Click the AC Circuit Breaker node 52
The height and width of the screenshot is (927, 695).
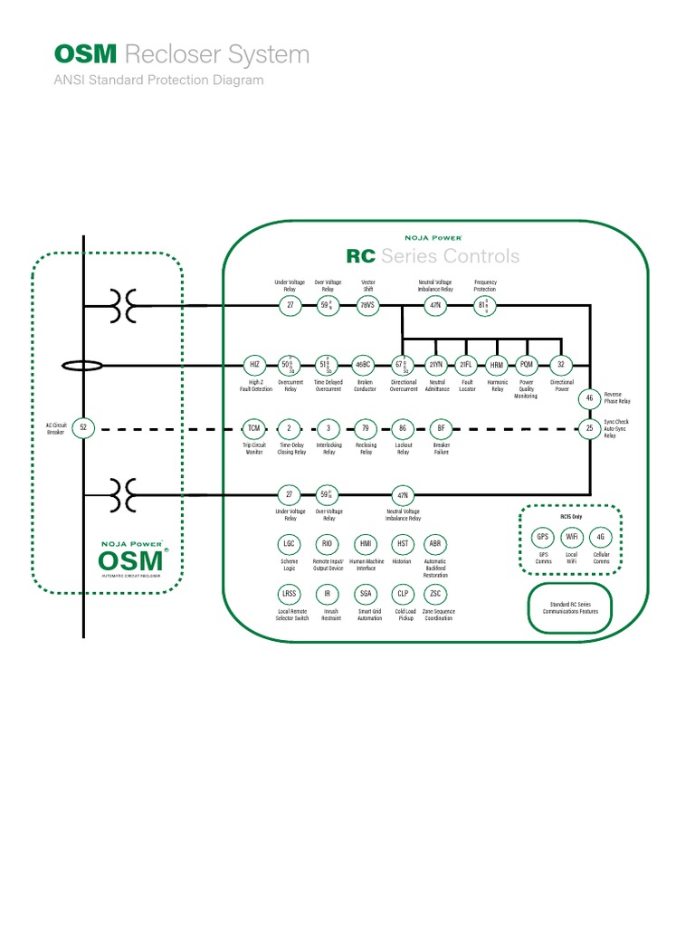(x=83, y=427)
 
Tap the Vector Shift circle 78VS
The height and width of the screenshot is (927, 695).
(x=367, y=306)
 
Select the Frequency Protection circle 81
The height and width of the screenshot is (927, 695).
(x=485, y=306)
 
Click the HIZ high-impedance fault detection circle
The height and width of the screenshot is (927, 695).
(x=255, y=366)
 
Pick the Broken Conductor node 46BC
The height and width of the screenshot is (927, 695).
(x=363, y=366)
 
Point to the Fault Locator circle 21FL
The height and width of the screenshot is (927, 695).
(x=466, y=366)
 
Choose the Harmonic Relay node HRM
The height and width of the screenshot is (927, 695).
(x=496, y=366)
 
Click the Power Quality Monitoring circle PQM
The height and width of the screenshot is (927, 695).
(x=527, y=366)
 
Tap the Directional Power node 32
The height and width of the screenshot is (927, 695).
(x=561, y=366)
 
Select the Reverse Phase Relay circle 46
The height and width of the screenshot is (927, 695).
(x=589, y=398)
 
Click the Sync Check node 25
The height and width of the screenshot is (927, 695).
(x=589, y=428)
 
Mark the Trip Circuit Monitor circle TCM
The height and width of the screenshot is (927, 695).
(x=254, y=428)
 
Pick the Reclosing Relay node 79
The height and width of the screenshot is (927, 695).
(x=366, y=428)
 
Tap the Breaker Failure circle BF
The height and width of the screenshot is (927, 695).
(x=442, y=428)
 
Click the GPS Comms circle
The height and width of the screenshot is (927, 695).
(x=543, y=537)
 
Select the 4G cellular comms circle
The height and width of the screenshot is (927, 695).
(x=601, y=537)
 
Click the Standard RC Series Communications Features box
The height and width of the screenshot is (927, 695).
(x=569, y=607)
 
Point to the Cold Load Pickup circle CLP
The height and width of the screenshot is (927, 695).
(x=404, y=594)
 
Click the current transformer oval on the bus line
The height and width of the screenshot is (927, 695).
(x=82, y=367)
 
